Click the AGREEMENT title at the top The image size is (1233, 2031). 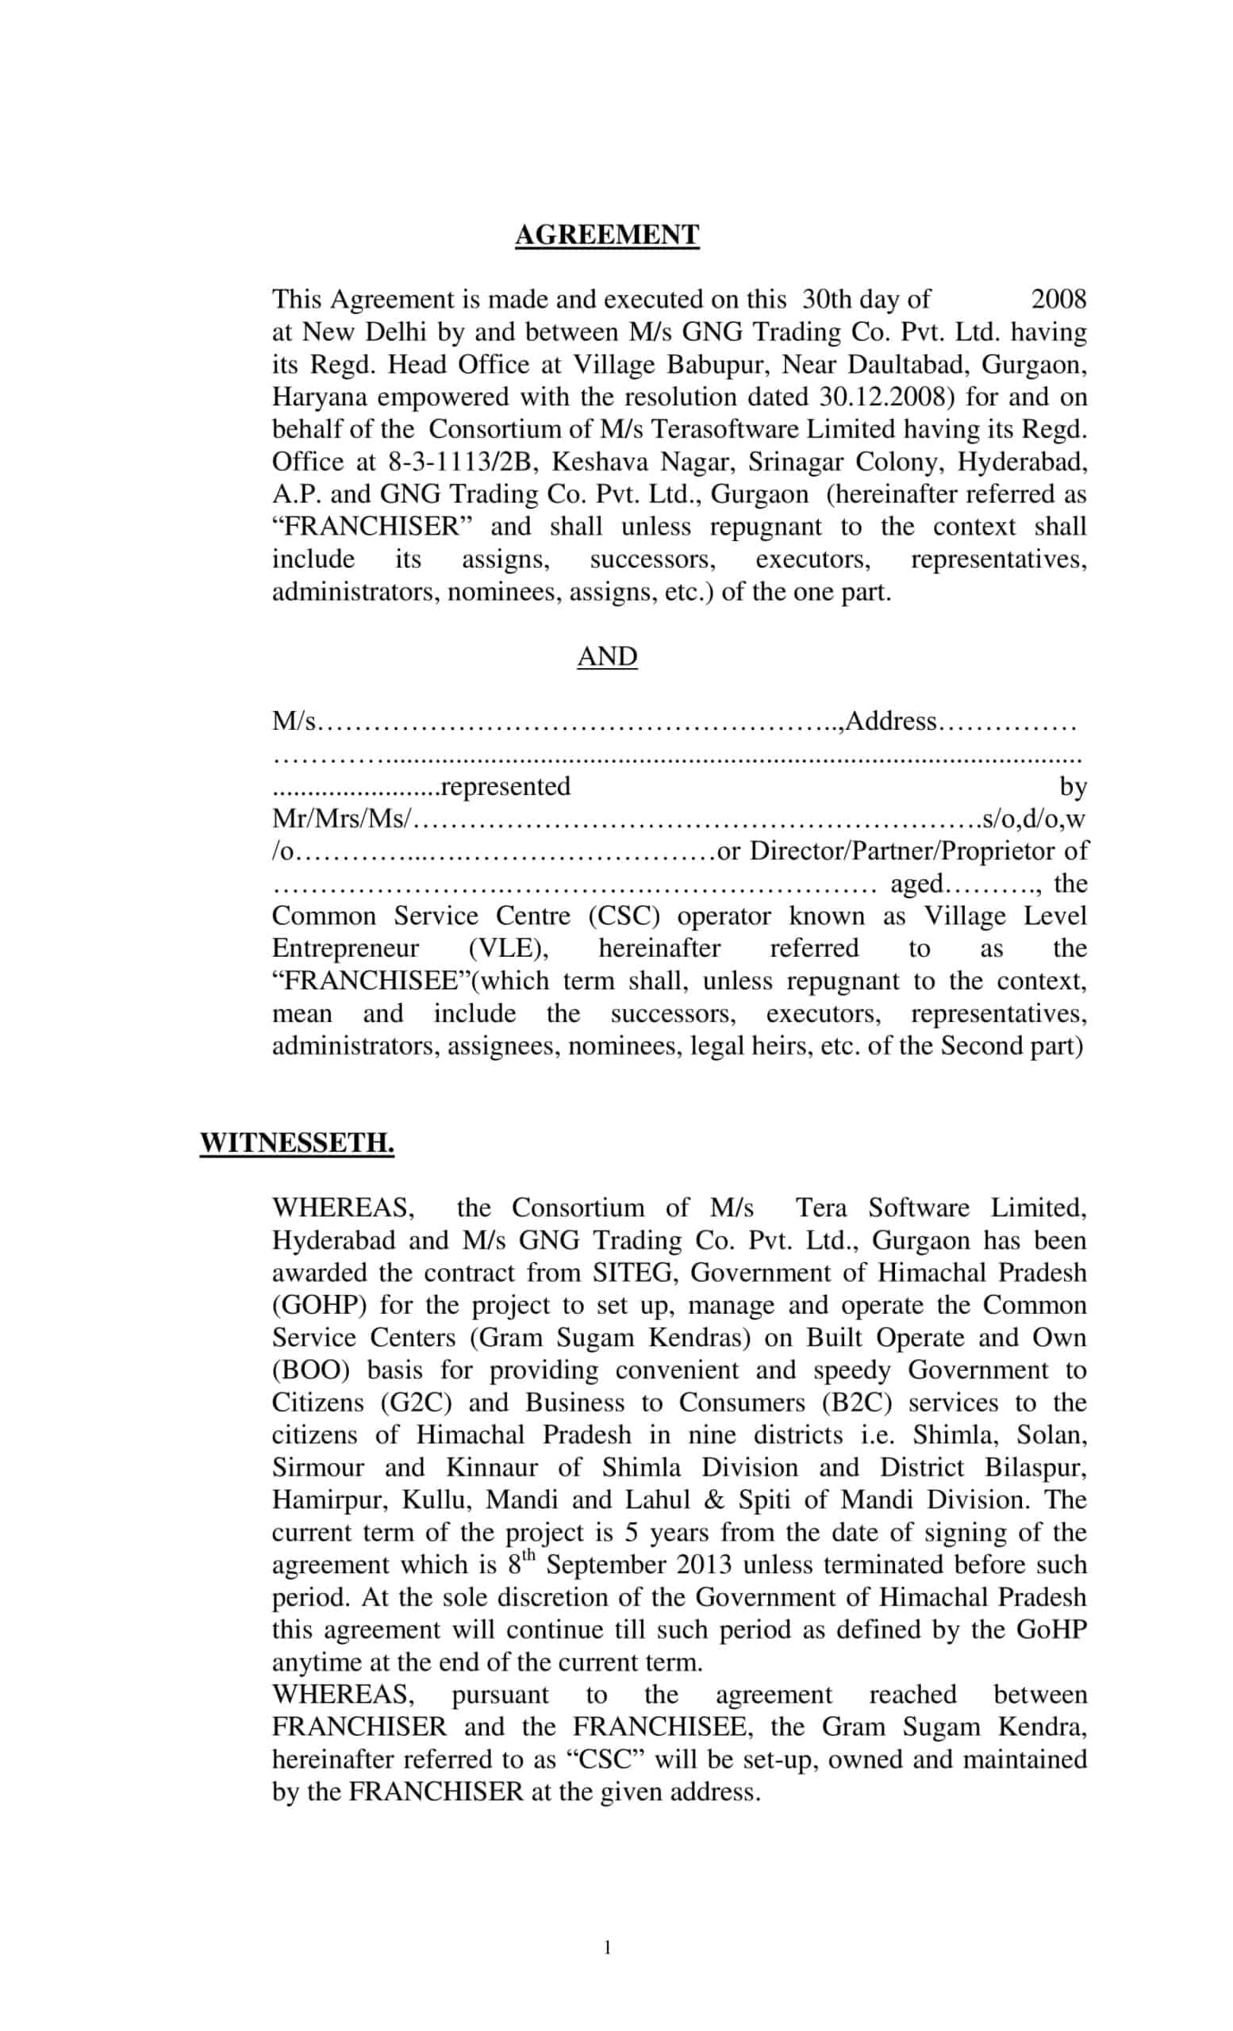click(x=607, y=236)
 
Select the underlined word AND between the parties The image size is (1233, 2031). click(x=607, y=657)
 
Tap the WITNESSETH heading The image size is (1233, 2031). click(x=297, y=1143)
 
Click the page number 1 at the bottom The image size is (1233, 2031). click(x=608, y=1948)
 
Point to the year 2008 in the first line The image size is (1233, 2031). click(x=1058, y=299)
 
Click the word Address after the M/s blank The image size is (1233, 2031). click(x=891, y=721)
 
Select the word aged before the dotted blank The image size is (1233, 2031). click(x=916, y=884)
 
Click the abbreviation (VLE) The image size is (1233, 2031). click(x=509, y=949)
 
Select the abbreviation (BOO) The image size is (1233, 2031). click(x=312, y=1370)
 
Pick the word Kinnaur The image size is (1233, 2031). click(x=492, y=1467)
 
